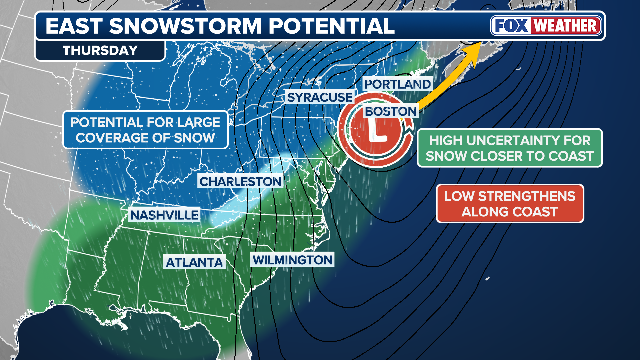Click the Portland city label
click(x=397, y=84)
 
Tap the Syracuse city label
click(x=320, y=97)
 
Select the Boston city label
click(x=391, y=111)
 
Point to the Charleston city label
click(x=240, y=182)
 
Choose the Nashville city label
click(x=164, y=215)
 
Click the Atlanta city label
click(x=194, y=263)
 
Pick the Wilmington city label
click(x=293, y=260)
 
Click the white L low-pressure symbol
click(x=377, y=132)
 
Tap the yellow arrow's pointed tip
click(x=480, y=43)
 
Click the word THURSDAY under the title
click(x=100, y=51)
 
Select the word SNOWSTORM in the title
click(x=185, y=26)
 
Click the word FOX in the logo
click(x=511, y=26)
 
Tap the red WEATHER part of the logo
click(x=565, y=26)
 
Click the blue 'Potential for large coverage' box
click(x=145, y=130)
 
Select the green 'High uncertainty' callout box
click(x=510, y=148)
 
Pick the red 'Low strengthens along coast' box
click(x=510, y=204)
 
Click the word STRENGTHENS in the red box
click(x=527, y=196)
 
